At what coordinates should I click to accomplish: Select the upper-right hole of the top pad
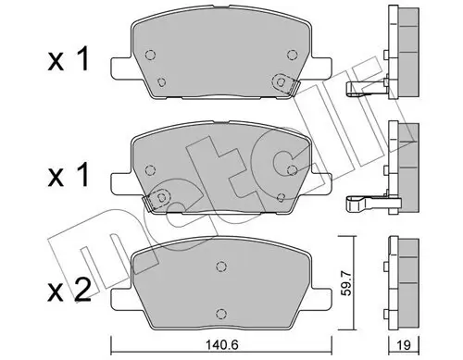(x=291, y=53)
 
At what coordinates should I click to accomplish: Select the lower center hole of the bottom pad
(x=220, y=311)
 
